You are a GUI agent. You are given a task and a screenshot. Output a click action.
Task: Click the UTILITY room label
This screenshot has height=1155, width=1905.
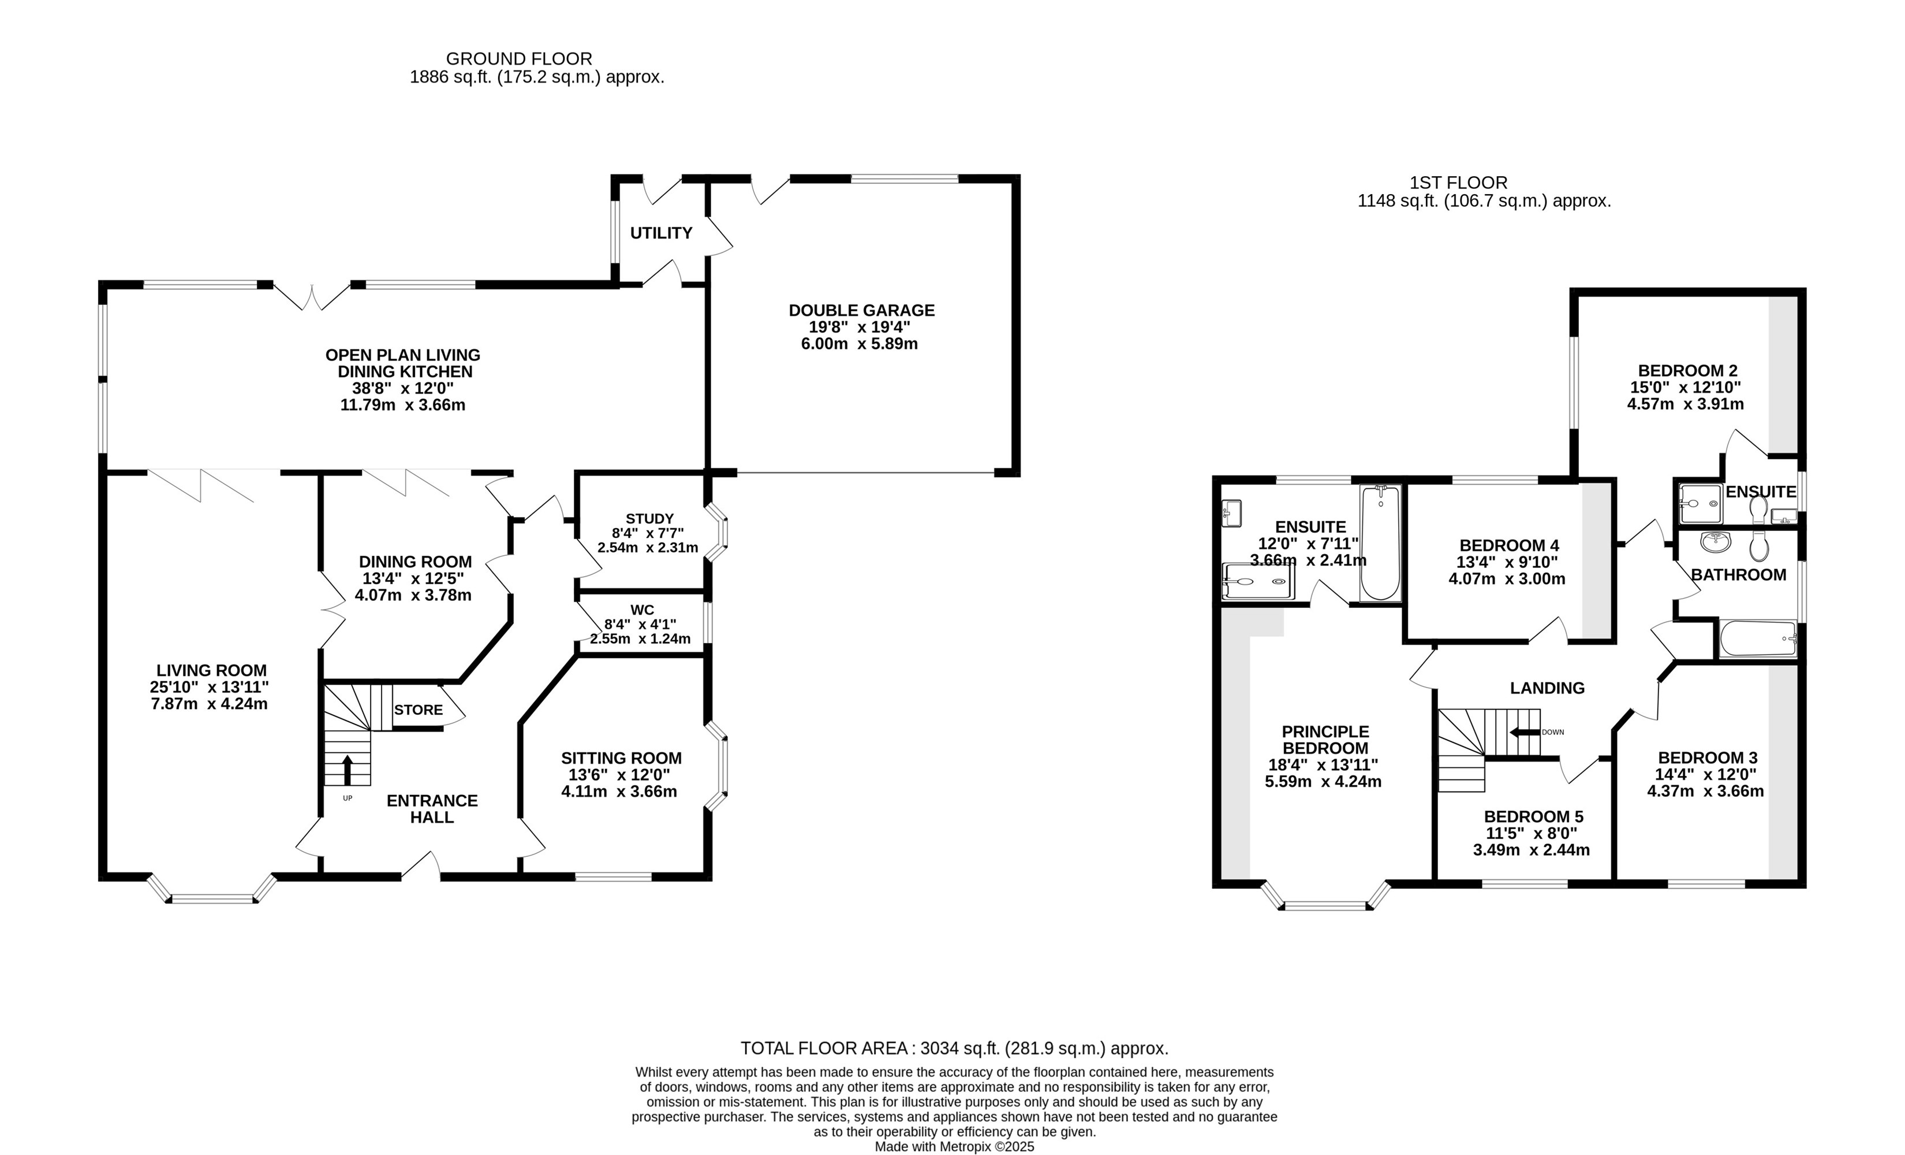point(661,233)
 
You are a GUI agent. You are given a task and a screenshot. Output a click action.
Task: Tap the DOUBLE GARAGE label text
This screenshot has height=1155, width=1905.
point(861,310)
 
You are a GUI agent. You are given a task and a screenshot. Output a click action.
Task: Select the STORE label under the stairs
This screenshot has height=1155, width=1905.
point(419,710)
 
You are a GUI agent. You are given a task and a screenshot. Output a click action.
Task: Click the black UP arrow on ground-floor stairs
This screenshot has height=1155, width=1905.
point(347,770)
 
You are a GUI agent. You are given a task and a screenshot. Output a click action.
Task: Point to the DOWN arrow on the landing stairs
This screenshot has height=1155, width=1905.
point(1525,732)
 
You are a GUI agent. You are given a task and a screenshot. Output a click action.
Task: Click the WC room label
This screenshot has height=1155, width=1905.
point(642,610)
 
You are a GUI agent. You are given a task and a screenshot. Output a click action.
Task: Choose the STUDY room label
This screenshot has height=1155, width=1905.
point(649,518)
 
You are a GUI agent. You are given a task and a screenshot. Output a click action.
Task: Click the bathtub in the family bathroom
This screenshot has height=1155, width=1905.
point(1757,639)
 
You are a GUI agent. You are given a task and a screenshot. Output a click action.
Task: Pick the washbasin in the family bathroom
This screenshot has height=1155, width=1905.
point(1716,543)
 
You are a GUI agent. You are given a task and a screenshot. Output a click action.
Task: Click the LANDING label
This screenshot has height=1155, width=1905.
point(1547,688)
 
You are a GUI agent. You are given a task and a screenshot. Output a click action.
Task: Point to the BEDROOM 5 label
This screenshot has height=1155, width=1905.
point(1534,817)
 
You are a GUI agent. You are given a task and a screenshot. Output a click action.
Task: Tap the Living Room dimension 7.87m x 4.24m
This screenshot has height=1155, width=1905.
point(210,704)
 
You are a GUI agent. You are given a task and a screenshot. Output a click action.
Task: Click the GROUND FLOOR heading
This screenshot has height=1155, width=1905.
point(519,59)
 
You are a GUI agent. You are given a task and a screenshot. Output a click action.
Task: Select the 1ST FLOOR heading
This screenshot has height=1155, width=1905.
point(1458,183)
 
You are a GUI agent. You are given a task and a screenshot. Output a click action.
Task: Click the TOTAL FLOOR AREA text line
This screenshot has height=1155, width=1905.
point(954,1048)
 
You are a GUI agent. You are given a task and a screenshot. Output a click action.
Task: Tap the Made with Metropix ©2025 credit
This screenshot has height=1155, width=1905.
point(954,1146)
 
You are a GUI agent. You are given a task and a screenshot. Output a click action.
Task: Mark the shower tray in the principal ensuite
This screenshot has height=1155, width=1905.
point(1258,582)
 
